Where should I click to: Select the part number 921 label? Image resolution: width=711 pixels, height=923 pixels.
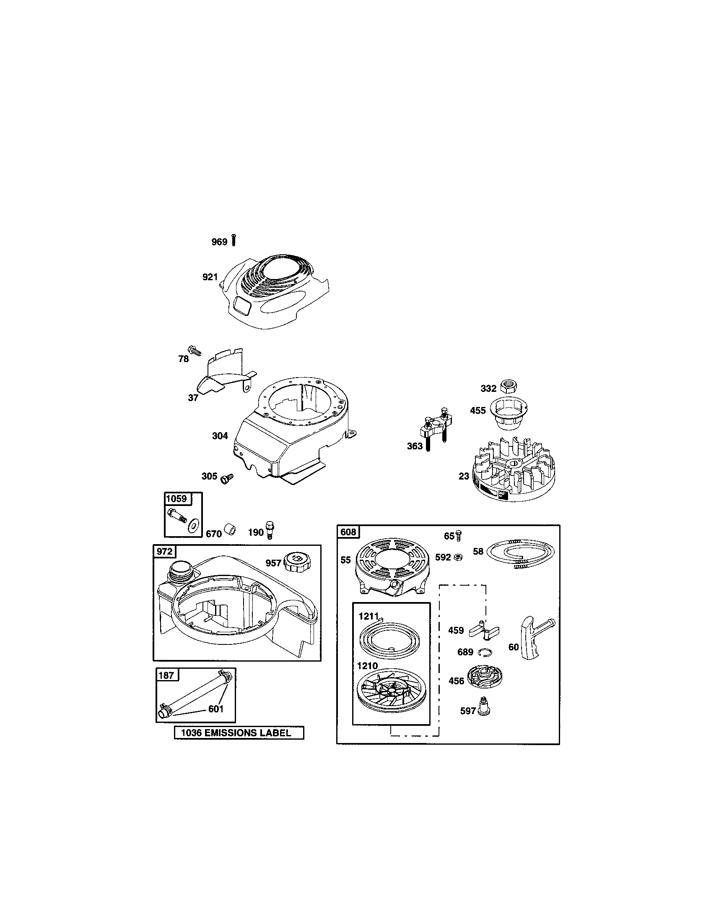click(210, 277)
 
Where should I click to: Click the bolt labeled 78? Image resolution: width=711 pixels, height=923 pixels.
click(195, 350)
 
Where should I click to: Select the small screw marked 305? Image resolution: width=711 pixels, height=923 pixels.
click(228, 477)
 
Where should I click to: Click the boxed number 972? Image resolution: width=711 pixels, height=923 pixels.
click(165, 551)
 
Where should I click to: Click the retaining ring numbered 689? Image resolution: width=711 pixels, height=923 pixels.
click(485, 652)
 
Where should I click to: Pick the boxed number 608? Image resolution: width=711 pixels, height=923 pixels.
click(348, 532)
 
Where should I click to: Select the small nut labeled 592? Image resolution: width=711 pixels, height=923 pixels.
click(458, 558)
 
